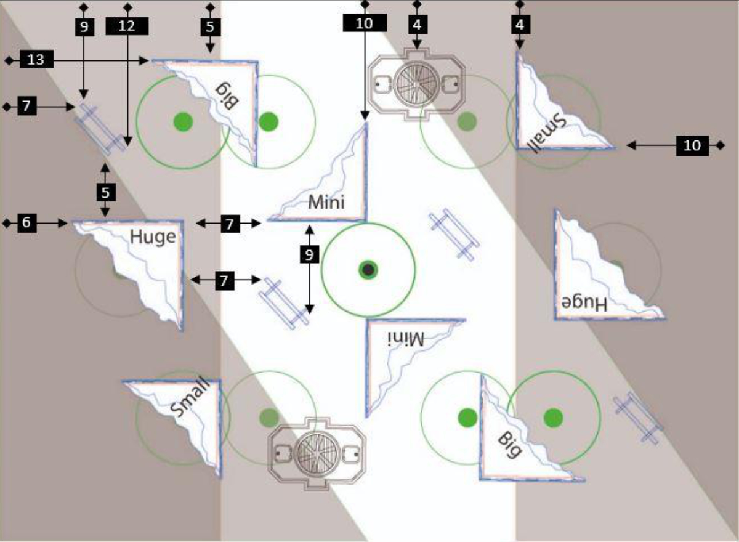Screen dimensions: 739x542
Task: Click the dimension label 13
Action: pos(36,59)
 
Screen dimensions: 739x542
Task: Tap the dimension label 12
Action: pos(127,26)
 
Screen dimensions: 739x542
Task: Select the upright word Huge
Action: pos(153,238)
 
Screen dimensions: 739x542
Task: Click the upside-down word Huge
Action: pos(584,304)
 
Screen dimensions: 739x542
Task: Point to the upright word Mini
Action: pos(326,202)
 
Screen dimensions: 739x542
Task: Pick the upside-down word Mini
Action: pos(405,339)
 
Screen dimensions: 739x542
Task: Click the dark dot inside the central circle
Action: pos(368,270)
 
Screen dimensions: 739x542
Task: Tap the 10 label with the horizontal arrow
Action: pos(692,145)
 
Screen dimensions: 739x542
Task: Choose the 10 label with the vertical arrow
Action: pos(365,23)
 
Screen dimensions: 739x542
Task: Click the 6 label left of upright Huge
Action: pos(26,223)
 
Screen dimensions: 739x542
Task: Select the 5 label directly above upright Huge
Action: pos(106,192)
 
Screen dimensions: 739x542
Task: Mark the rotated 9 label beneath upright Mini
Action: pos(309,254)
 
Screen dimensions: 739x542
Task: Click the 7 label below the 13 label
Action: pos(26,106)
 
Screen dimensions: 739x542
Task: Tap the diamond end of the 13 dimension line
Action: pos(9,61)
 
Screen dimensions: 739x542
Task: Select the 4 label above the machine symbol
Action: pos(418,25)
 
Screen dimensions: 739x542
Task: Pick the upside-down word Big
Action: pos(227,95)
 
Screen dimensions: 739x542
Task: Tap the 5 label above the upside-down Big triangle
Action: pos(211,27)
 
